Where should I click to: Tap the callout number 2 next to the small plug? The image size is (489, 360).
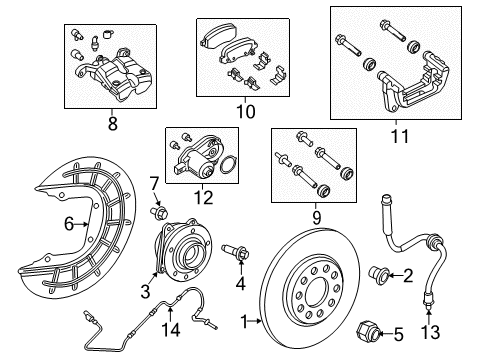(409, 275)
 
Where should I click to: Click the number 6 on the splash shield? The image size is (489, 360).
(69, 225)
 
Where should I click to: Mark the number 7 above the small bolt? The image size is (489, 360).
(155, 183)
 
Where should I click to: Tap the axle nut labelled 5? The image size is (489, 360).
(368, 334)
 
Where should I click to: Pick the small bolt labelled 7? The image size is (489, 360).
(159, 211)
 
